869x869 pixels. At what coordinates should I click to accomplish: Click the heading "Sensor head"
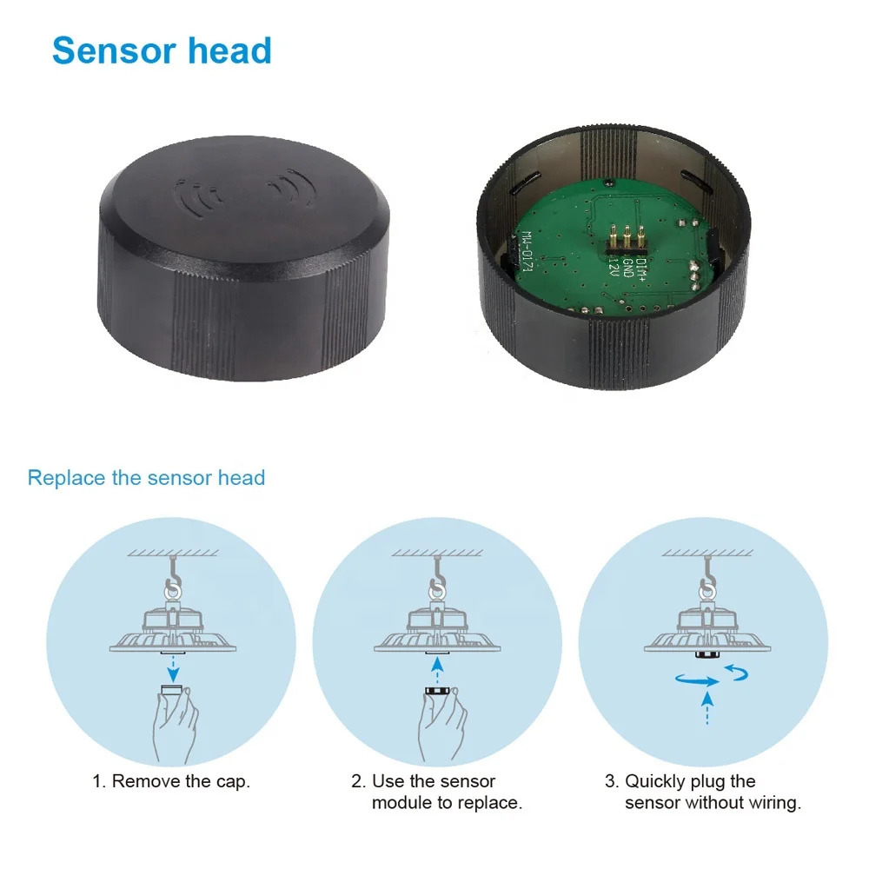tap(162, 51)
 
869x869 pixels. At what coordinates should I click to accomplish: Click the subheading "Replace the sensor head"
tap(146, 478)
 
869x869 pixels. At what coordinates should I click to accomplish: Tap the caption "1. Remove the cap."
tap(171, 781)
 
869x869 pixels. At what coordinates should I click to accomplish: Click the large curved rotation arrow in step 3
tap(695, 682)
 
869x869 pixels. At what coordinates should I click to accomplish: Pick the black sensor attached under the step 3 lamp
tap(707, 654)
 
